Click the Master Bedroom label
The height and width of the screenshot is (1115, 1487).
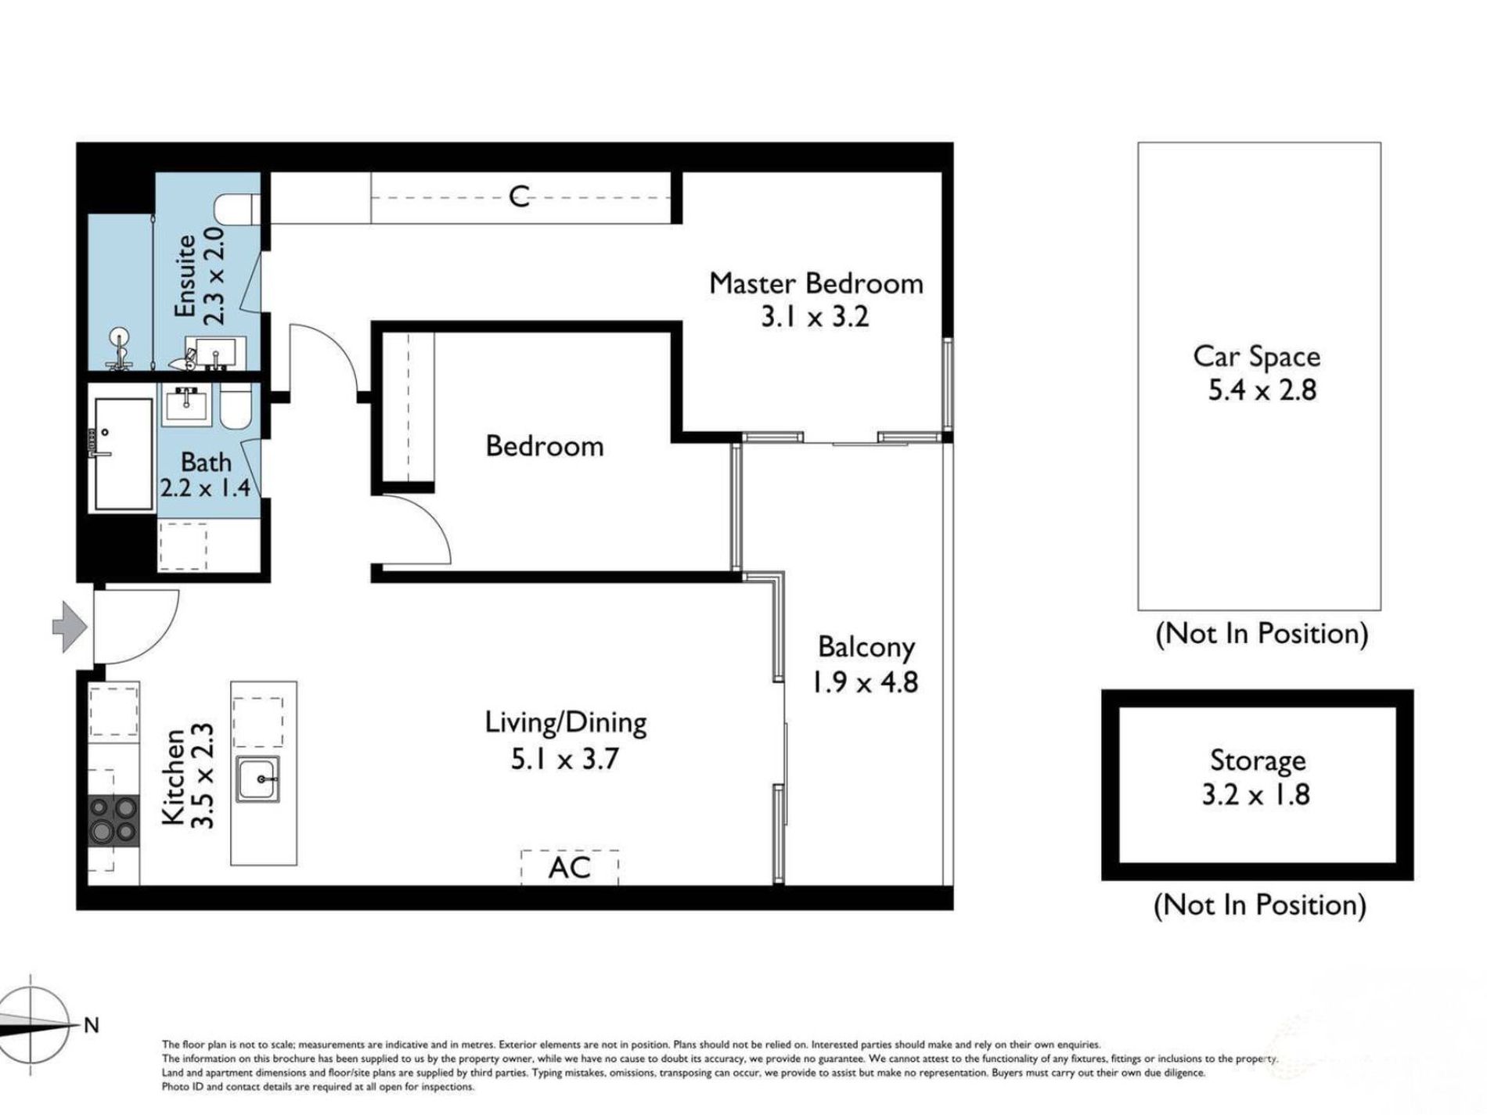pos(816,283)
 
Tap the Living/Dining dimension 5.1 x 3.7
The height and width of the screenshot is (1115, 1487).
pos(565,758)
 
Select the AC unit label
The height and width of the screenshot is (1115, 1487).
pos(569,867)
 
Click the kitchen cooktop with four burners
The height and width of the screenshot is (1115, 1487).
pos(114,820)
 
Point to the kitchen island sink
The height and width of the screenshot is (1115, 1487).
pos(259,779)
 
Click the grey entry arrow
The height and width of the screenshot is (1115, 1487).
pos(70,625)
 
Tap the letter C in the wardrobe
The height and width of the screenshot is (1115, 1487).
pos(519,196)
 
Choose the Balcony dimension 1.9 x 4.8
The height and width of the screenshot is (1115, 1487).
pos(865,682)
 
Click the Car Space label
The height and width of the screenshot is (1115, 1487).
pos(1256,357)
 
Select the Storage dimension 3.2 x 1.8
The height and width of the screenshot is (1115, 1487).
pos(1256,795)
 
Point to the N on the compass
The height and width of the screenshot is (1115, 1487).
pos(92,1025)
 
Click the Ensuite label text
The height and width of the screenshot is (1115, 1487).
pos(185,276)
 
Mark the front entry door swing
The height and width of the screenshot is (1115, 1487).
pos(136,627)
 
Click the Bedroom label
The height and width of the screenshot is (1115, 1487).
pos(545,446)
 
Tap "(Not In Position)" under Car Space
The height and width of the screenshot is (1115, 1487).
pos(1262,633)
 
